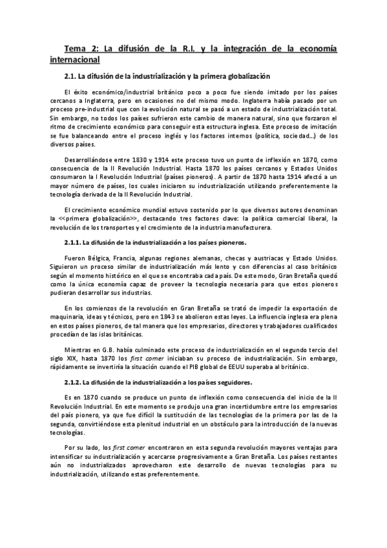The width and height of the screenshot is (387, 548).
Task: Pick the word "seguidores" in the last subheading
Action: pos(232,382)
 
